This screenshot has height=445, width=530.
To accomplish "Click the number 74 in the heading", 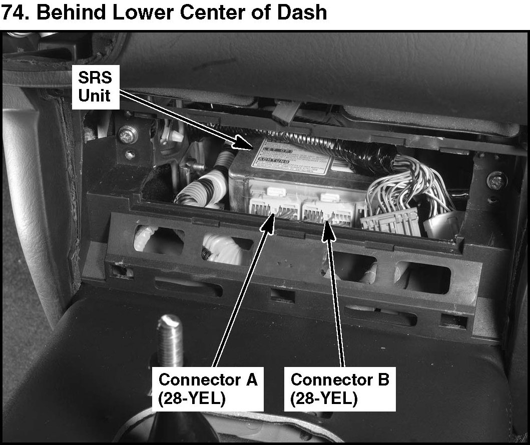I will (15, 12).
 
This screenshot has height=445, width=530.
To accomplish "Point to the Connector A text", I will (208, 380).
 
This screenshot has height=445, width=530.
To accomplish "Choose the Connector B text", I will (340, 380).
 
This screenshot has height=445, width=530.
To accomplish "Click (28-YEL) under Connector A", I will (191, 399).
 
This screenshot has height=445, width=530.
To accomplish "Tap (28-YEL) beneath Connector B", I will (324, 399).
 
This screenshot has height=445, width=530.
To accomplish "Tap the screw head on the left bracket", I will (127, 133).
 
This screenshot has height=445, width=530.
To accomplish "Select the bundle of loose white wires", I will (413, 187).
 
